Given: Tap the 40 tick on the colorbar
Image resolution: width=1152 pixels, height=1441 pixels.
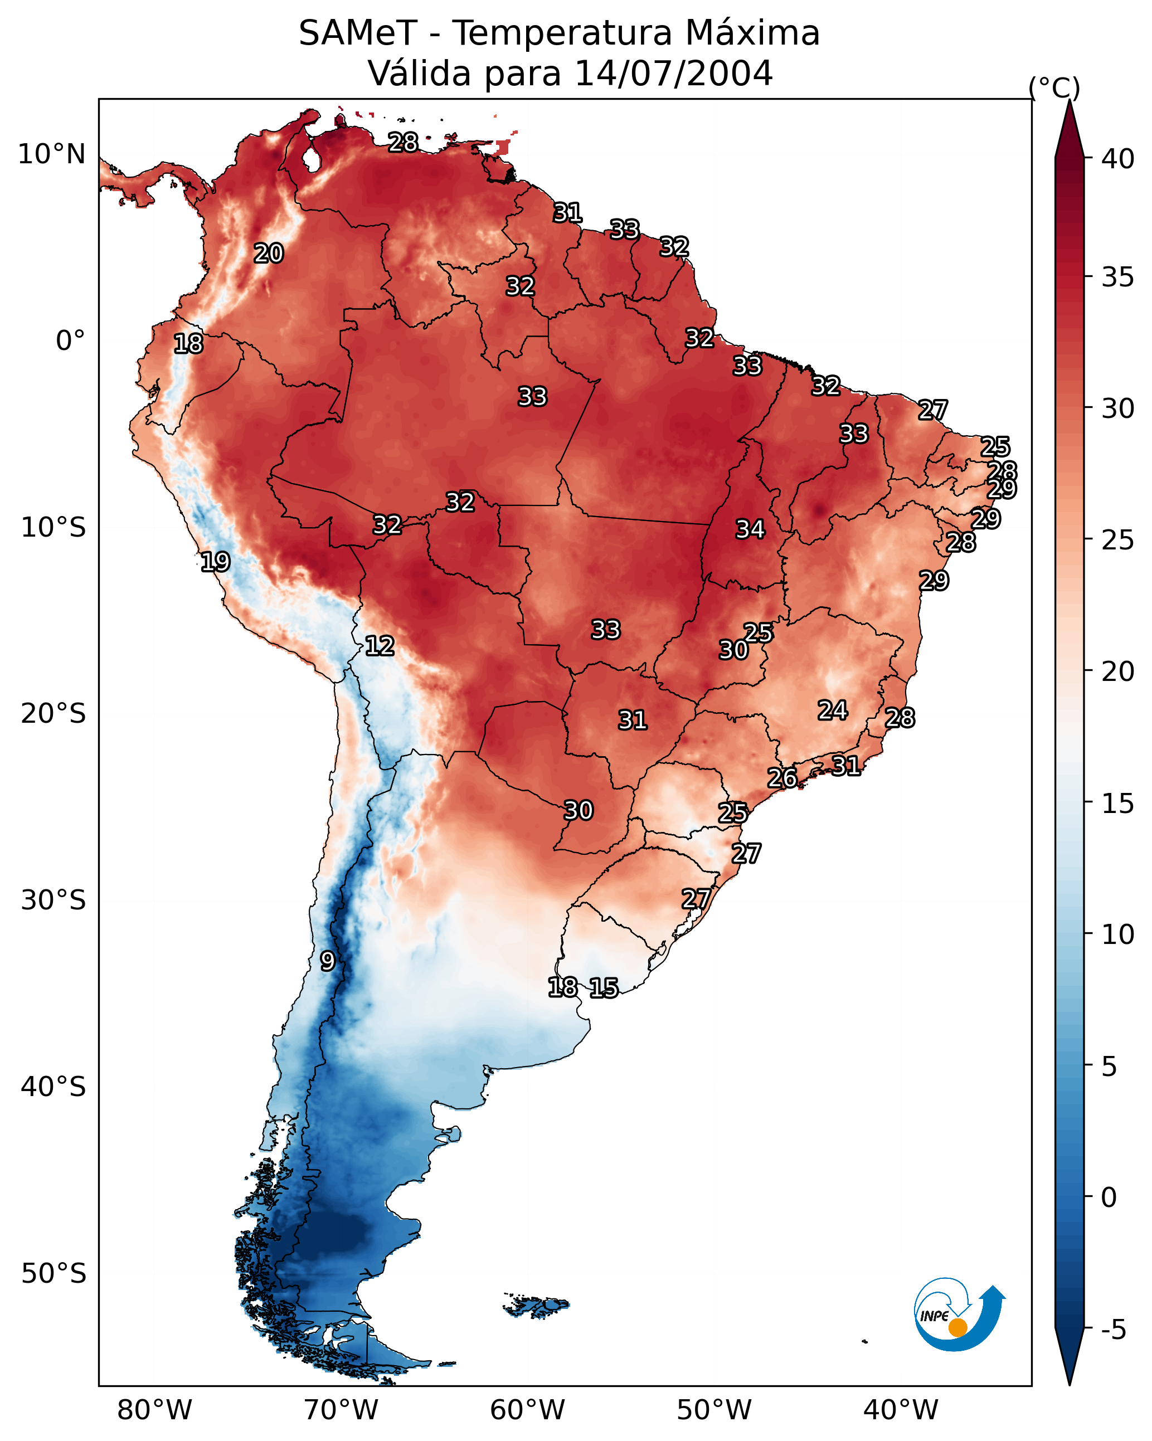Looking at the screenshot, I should click(1117, 158).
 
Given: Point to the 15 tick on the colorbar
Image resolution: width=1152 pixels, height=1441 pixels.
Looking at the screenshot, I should click(1117, 803).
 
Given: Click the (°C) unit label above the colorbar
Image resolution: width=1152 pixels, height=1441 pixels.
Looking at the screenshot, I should click(1054, 87).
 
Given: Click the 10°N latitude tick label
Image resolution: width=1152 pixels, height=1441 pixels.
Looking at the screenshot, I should click(51, 154).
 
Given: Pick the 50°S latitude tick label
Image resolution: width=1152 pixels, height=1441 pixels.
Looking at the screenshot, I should click(54, 1273).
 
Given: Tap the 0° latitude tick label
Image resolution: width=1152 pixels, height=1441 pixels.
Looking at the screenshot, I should click(70, 341).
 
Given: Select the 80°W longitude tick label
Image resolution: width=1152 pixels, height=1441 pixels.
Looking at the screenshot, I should click(154, 1410).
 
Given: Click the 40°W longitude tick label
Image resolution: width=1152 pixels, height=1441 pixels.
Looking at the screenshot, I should click(901, 1410).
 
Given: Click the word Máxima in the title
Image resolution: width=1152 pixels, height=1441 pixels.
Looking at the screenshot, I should click(751, 33).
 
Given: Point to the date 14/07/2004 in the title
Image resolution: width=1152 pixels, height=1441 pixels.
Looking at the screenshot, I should click(673, 74).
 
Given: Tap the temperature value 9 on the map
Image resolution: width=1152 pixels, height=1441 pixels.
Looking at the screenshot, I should click(327, 961).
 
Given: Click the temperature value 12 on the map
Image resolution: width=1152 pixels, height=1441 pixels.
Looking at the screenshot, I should click(379, 646).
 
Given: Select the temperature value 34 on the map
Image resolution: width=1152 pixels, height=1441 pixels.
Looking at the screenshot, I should click(750, 529).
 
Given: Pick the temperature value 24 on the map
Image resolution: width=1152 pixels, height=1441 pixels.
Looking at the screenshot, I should click(833, 710).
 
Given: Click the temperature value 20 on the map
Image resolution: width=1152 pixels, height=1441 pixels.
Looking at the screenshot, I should click(268, 254).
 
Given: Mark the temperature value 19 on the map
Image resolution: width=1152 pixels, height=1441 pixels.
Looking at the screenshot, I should click(215, 562).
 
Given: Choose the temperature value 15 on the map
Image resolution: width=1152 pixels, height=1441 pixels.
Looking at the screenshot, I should click(604, 988).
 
